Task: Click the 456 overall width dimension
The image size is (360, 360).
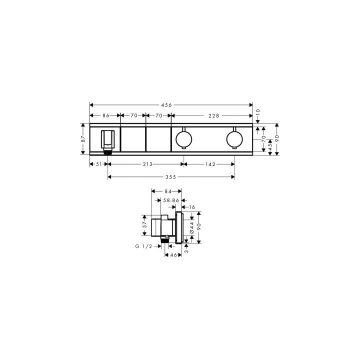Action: (166, 105)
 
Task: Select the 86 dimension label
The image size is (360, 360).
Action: (106, 115)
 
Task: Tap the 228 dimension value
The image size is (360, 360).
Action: (214, 115)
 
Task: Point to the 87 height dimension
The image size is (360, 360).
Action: (83, 138)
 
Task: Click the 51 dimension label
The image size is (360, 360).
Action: (98, 164)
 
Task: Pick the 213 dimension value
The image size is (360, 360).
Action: (147, 164)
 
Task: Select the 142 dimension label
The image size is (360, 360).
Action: (210, 164)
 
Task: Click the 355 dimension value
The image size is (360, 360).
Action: (171, 177)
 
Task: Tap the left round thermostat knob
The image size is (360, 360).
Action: (183, 139)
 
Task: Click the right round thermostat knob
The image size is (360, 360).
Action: (234, 139)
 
